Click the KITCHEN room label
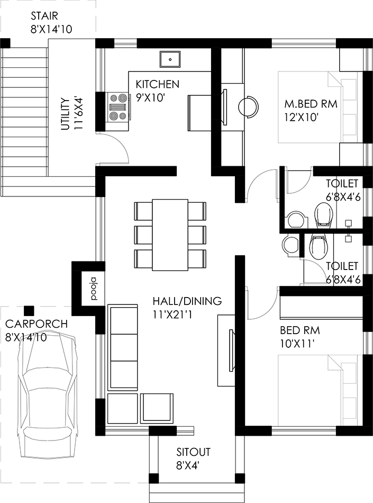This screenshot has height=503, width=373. click(157, 84)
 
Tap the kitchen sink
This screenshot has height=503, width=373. click(170, 59)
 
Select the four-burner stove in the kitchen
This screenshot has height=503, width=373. click(118, 107)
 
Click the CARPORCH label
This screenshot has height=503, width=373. click(37, 324)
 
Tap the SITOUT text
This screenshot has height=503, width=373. click(193, 452)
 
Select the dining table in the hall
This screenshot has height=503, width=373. click(170, 235)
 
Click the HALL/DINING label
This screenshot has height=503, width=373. click(187, 301)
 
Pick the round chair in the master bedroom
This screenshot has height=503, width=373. click(248, 106)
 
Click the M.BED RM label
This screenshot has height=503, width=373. click(311, 104)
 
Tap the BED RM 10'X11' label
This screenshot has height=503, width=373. click(300, 337)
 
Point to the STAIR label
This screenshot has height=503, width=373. click(44, 16)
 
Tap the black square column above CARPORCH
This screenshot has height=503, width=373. click(29, 310)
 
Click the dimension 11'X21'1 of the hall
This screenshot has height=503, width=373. click(172, 315)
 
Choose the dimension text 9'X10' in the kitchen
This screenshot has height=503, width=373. click(150, 98)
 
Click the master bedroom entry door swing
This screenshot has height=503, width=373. click(260, 184)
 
